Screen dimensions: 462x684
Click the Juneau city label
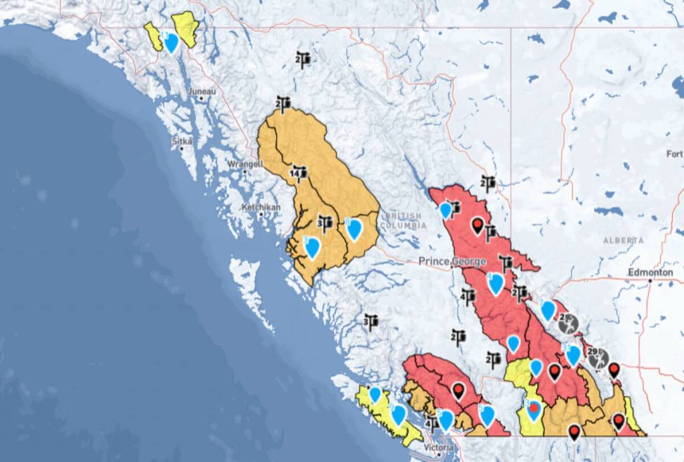click(202, 91)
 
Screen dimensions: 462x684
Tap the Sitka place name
click(182, 142)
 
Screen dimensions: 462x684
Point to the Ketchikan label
click(259, 208)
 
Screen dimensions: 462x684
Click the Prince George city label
click(453, 261)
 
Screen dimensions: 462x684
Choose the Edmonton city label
click(650, 273)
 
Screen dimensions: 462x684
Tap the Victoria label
click(438, 447)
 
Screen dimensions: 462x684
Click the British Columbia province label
click(401, 221)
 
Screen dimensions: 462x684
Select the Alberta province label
click(623, 240)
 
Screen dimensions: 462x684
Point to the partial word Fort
click(674, 154)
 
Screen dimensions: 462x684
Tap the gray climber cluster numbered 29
click(596, 357)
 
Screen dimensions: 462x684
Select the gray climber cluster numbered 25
click(567, 324)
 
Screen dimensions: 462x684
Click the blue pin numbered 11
click(171, 42)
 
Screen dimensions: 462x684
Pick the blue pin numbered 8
click(354, 228)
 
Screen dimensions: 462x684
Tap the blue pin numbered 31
click(573, 355)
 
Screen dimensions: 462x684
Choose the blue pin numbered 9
click(398, 415)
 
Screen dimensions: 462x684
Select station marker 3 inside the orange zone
click(325, 222)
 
